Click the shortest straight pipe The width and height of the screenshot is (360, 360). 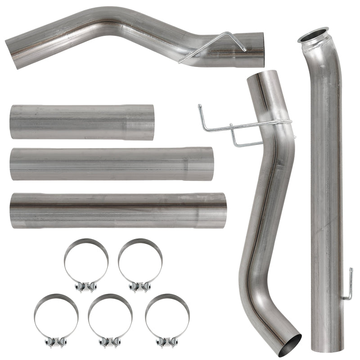pyautogui.click(x=81, y=122)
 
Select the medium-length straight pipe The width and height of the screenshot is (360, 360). pyautogui.click(x=110, y=164)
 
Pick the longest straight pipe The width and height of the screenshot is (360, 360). pyautogui.click(x=117, y=211)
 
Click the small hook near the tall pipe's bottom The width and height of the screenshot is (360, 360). pyautogui.click(x=348, y=284)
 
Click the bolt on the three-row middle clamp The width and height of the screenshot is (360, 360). pyautogui.click(x=110, y=342)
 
